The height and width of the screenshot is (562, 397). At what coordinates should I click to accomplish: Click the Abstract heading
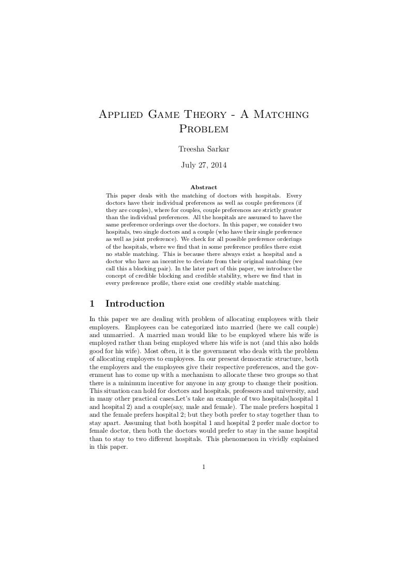[204, 187]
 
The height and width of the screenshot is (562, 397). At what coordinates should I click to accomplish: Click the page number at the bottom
[204, 468]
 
